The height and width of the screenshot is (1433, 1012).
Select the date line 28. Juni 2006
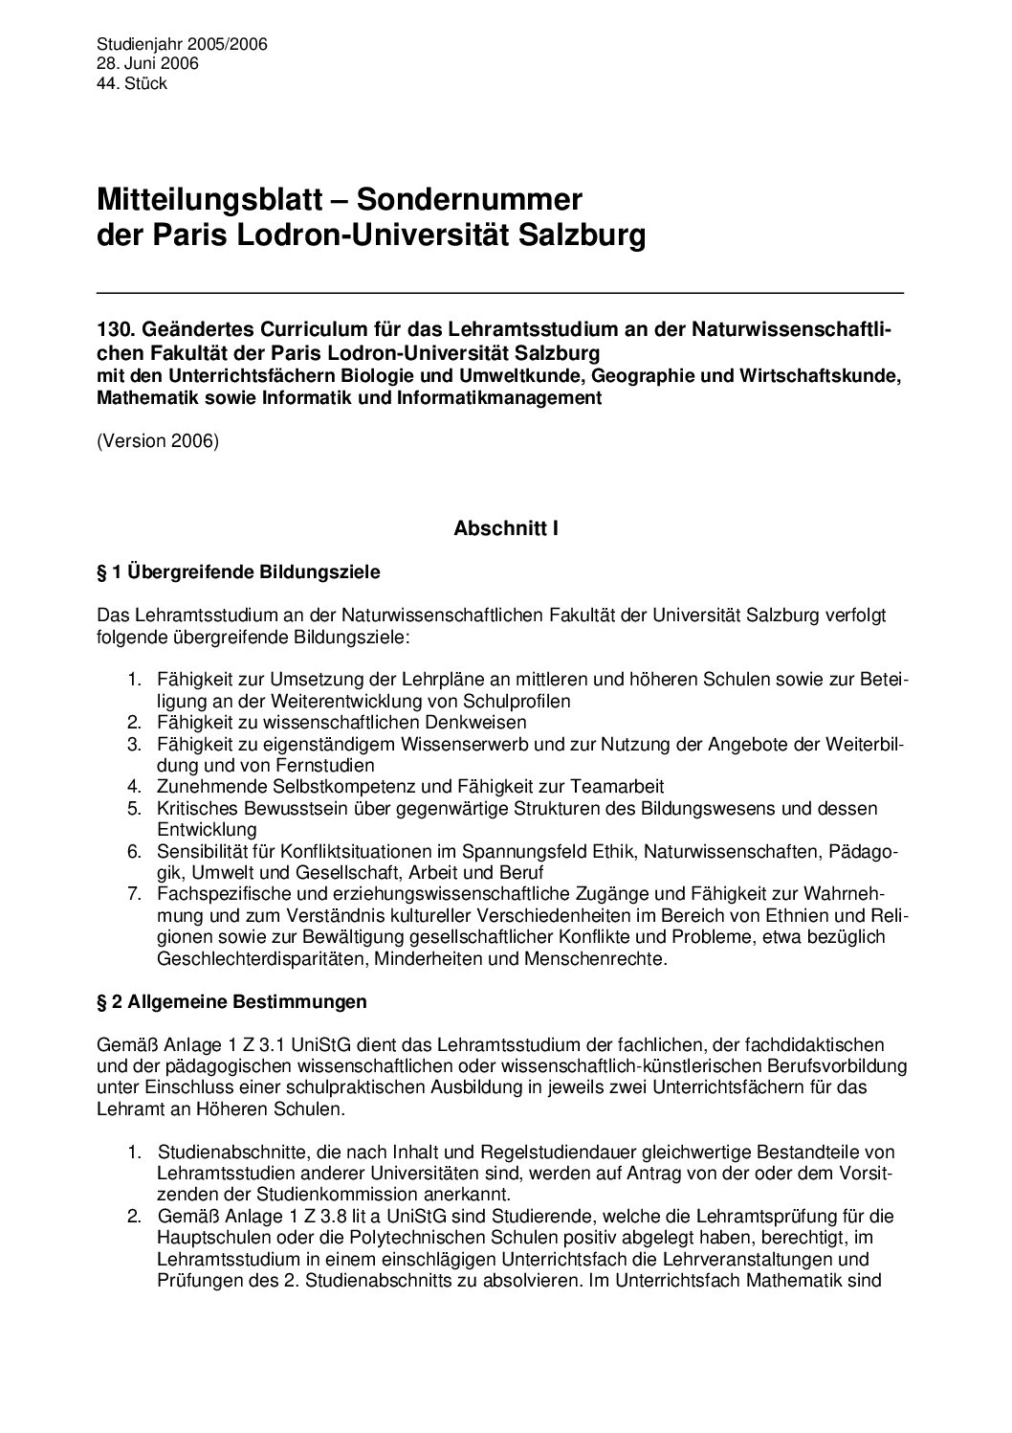[148, 63]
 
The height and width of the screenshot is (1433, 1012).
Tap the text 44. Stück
[132, 83]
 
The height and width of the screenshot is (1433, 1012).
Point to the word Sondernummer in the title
[470, 200]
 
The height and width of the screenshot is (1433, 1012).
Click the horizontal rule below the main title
[500, 291]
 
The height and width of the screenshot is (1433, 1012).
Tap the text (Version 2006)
[158, 442]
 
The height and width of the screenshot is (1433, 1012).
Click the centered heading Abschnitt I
[506, 527]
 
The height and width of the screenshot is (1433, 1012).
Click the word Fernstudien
[326, 764]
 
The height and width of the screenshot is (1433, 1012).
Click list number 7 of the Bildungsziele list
[135, 894]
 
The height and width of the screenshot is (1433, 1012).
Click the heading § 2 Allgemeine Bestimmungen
[232, 1002]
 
